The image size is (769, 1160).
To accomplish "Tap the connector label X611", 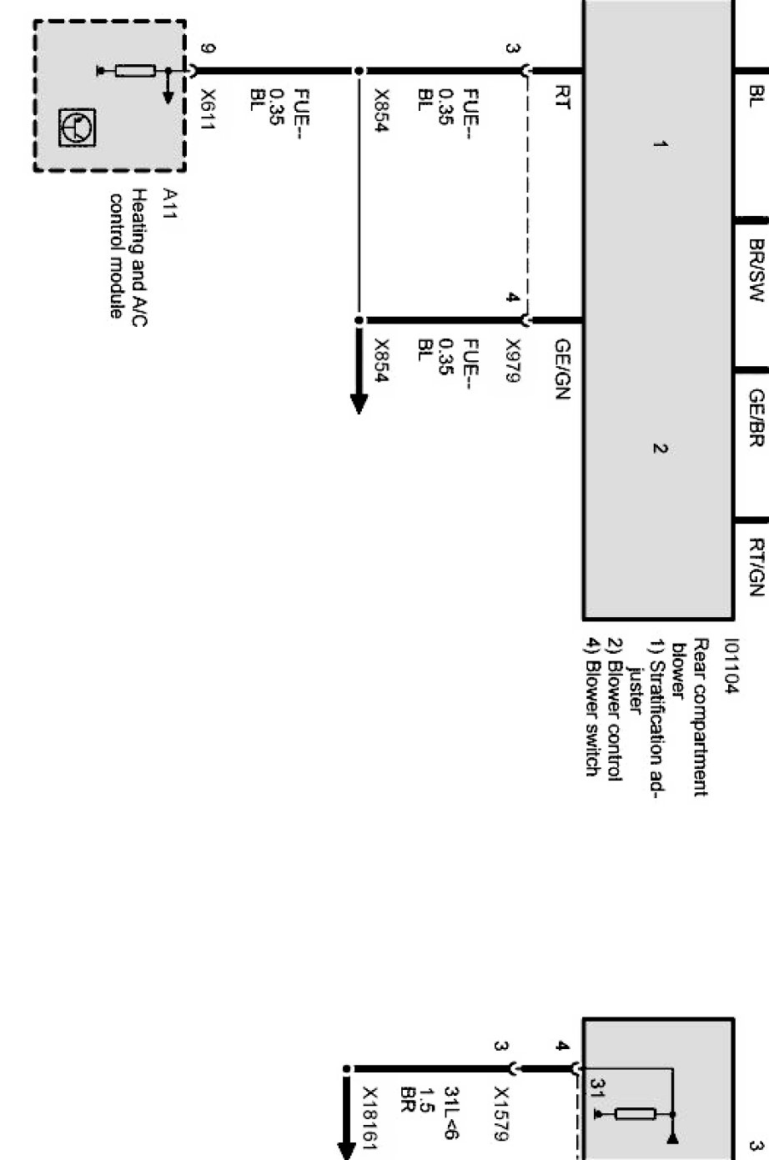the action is click(x=209, y=108).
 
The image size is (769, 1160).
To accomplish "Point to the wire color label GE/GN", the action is click(x=560, y=369).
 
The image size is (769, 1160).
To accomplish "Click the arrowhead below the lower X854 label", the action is click(x=359, y=401).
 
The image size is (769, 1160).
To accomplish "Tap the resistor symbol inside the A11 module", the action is click(x=135, y=71).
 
